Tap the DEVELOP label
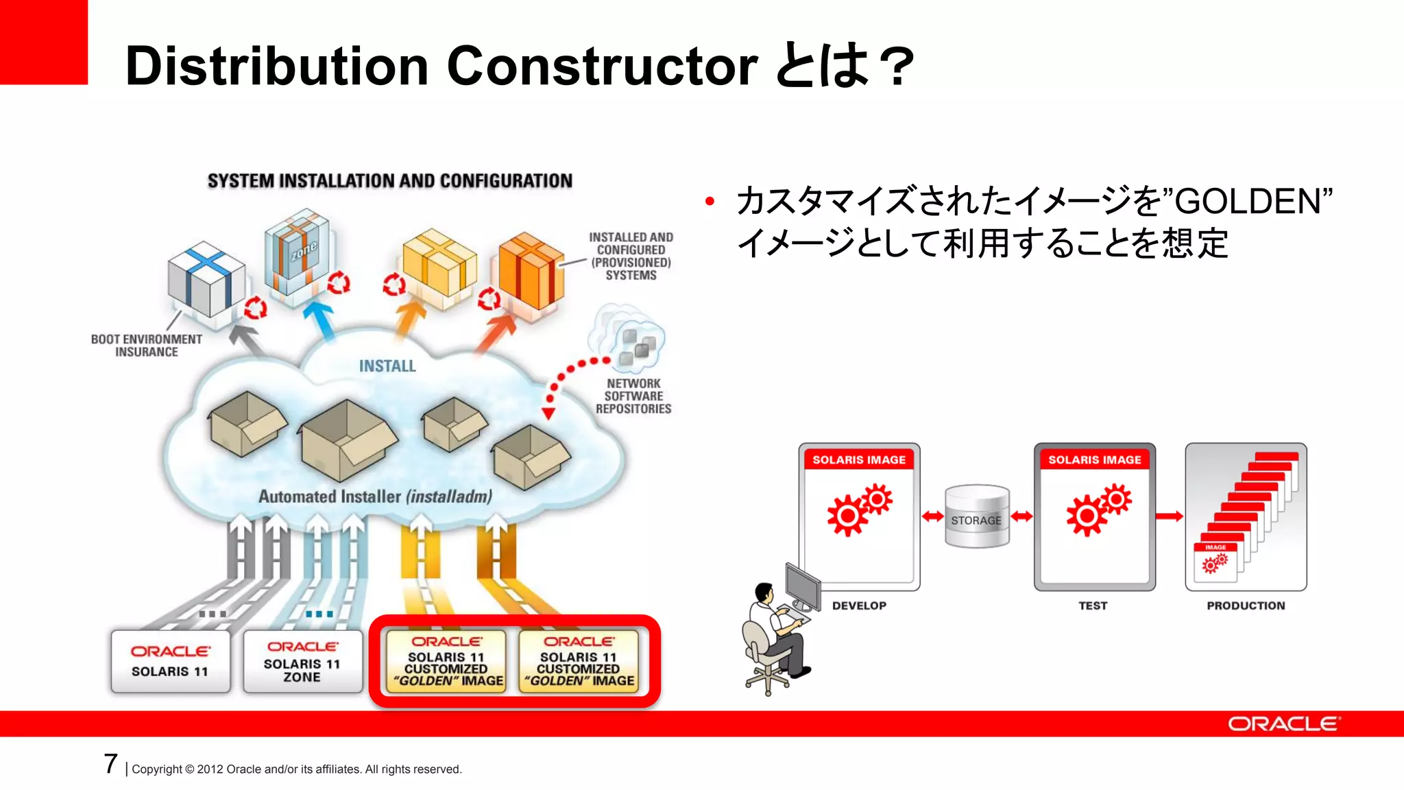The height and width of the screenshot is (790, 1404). tap(859, 606)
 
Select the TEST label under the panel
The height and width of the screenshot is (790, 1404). tap(1093, 606)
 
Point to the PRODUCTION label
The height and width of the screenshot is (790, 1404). tap(1246, 606)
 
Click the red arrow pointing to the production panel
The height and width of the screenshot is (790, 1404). tap(1170, 516)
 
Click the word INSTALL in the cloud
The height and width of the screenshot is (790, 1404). tap(387, 366)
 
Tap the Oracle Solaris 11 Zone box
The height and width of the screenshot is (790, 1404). tap(302, 662)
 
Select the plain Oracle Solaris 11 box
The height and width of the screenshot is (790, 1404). tap(170, 662)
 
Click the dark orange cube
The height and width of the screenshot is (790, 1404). tap(531, 271)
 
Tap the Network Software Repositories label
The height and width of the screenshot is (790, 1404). tap(633, 396)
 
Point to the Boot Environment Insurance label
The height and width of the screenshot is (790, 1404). tap(146, 346)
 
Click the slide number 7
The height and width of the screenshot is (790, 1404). tap(111, 764)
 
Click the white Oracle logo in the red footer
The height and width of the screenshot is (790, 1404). tap(1283, 724)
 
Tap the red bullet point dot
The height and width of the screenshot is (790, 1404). tap(710, 201)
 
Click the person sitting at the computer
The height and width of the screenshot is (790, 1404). tap(775, 634)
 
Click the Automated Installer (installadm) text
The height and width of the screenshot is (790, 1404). tap(375, 496)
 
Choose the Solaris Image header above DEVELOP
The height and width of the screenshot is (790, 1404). tap(859, 459)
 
